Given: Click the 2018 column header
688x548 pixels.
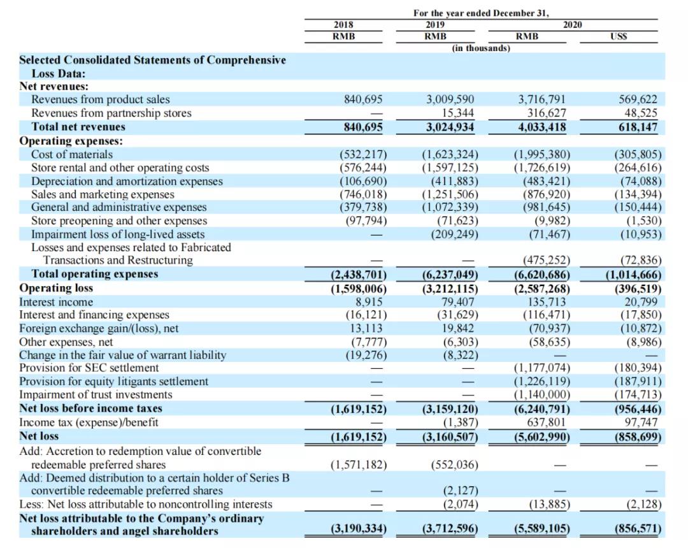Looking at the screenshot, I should (343, 24).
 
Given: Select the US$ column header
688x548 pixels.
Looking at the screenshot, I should (618, 36).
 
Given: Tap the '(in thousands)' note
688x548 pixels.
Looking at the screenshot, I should (481, 48).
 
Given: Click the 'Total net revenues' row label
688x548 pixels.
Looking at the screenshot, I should (78, 127).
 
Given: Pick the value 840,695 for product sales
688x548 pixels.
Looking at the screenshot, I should (363, 99).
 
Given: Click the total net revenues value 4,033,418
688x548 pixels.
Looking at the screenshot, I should (542, 127).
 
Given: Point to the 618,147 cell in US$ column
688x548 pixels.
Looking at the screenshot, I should (638, 127).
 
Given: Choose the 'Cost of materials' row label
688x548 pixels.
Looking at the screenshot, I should (72, 154).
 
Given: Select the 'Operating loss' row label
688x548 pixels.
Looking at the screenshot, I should (56, 288).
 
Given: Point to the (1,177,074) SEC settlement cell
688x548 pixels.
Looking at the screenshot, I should (541, 368).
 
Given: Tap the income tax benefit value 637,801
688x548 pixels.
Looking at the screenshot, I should (546, 422).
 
